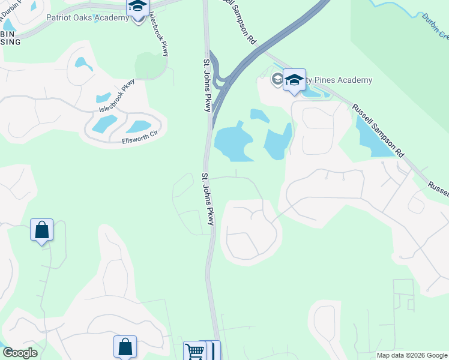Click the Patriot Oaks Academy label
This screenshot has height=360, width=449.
click(87, 17)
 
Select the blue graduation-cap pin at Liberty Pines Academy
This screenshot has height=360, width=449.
click(294, 80)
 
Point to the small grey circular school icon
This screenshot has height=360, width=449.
click(277, 79)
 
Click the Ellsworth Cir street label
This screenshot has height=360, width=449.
click(139, 140)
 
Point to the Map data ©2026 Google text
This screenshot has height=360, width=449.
click(411, 355)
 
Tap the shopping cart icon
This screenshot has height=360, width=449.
click(194, 351)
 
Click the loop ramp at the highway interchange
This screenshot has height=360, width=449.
click(223, 79)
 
